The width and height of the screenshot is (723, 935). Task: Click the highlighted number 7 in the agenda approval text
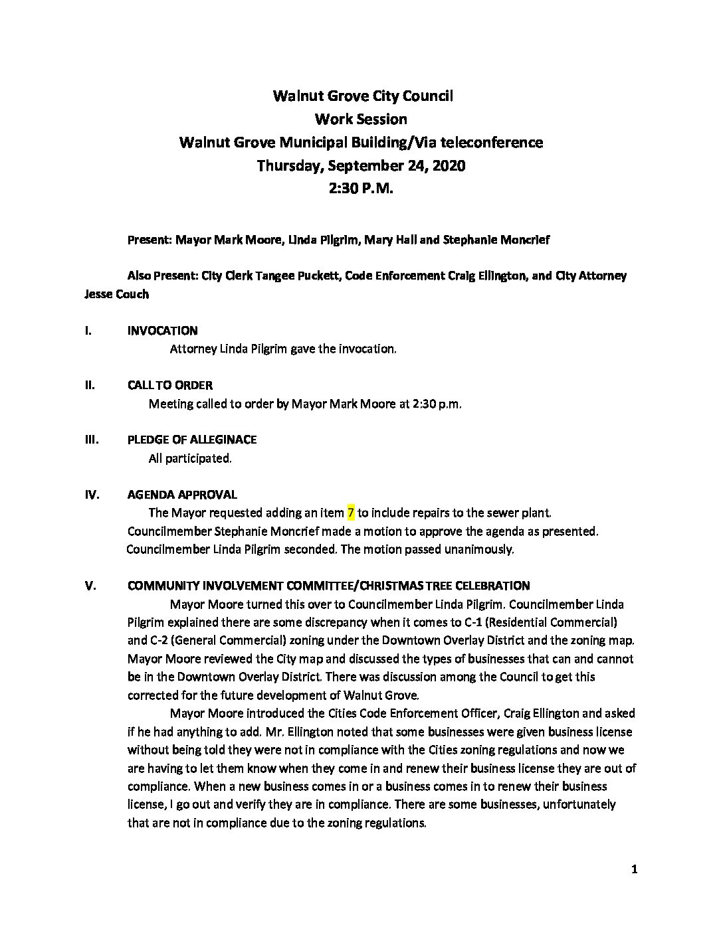[351, 513]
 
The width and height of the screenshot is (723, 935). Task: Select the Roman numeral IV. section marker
[92, 495]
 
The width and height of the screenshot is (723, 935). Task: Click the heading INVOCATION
[162, 331]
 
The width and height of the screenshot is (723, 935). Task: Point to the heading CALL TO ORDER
[170, 385]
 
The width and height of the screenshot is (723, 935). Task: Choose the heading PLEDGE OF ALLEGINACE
[191, 440]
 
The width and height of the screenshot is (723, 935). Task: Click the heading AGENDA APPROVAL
[181, 495]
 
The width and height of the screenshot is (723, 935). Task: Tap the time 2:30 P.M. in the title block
[361, 189]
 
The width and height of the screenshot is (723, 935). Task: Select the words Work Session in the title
[361, 120]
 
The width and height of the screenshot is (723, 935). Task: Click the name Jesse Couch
[116, 294]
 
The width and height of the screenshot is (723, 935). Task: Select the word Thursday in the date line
[288, 165]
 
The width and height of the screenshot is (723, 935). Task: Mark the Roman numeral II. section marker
[89, 385]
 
